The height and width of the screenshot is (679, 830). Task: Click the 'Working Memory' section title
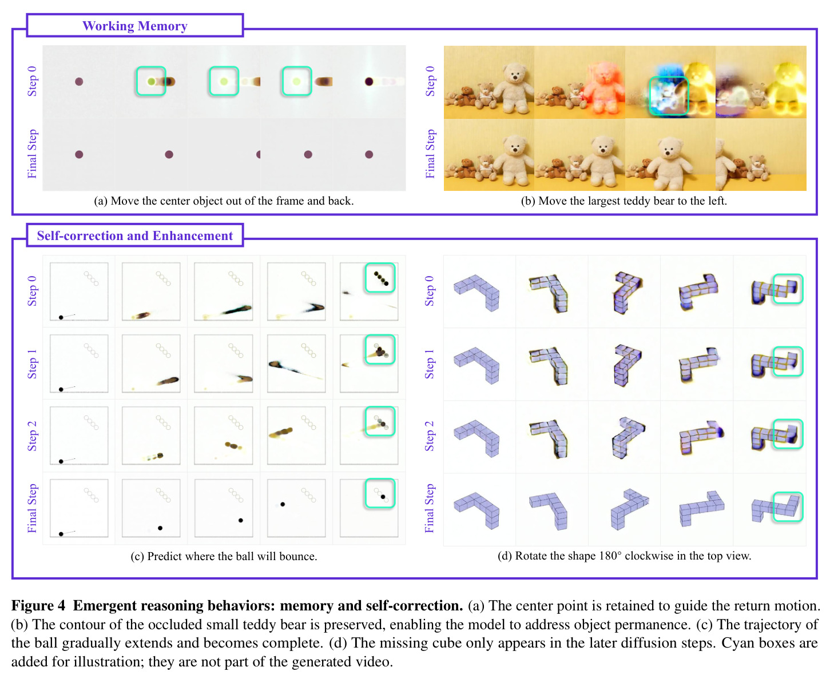click(x=134, y=26)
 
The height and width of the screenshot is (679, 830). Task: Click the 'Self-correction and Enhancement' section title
click(x=134, y=235)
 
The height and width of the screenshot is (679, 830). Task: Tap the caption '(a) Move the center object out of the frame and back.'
click(x=224, y=201)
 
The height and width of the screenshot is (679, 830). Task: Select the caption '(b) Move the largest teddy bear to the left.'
click(x=624, y=201)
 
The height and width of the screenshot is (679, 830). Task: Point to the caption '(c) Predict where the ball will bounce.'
click(x=224, y=556)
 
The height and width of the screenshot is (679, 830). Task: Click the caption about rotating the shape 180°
click(x=624, y=556)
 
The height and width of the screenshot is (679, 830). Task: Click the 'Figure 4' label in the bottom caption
click(x=38, y=605)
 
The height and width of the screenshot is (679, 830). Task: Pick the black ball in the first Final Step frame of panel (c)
click(x=61, y=534)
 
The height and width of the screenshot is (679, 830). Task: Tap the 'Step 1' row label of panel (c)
click(x=32, y=364)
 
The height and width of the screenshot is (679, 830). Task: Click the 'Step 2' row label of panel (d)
click(x=429, y=436)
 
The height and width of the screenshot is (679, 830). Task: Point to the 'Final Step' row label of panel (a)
click(x=32, y=154)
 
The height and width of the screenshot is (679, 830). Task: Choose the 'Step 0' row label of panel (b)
click(x=430, y=81)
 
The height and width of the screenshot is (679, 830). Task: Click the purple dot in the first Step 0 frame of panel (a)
click(x=79, y=82)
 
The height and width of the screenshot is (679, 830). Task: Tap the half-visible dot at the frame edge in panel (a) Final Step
click(x=258, y=154)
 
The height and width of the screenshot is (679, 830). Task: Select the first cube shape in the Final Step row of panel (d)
click(x=476, y=510)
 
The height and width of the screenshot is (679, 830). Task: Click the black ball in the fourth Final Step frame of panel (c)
click(x=283, y=505)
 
